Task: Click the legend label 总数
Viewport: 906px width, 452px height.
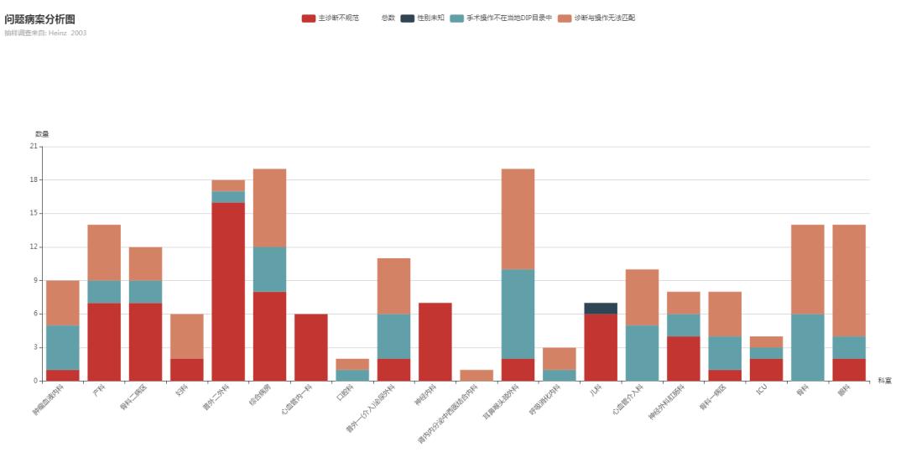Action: pyautogui.click(x=388, y=18)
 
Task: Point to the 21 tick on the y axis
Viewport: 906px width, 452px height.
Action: pyautogui.click(x=34, y=146)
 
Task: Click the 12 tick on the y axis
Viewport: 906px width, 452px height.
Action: pyautogui.click(x=34, y=247)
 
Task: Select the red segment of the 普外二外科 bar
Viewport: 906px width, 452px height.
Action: pyautogui.click(x=228, y=291)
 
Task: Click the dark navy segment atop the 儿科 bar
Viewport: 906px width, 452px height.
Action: pyautogui.click(x=601, y=308)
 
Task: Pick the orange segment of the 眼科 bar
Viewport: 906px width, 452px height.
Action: pyautogui.click(x=849, y=280)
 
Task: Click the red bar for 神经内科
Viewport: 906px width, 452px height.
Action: pyautogui.click(x=435, y=341)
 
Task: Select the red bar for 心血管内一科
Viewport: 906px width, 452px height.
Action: pyautogui.click(x=311, y=347)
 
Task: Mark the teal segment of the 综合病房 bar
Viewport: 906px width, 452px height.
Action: pyautogui.click(x=269, y=269)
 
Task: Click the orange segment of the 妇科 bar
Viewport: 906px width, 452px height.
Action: pyautogui.click(x=186, y=335)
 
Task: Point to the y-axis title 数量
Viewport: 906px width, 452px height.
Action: pyautogui.click(x=42, y=134)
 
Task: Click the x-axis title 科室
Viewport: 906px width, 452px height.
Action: pyautogui.click(x=884, y=381)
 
